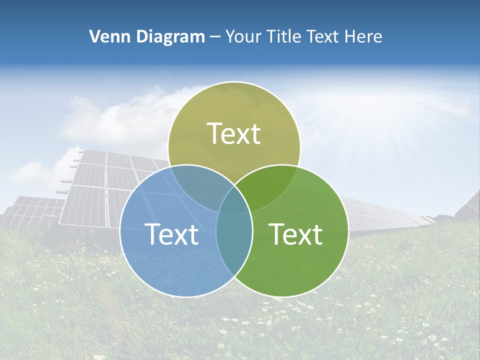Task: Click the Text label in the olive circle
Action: point(234,133)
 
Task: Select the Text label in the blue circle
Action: point(171,233)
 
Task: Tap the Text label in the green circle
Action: point(296,233)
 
